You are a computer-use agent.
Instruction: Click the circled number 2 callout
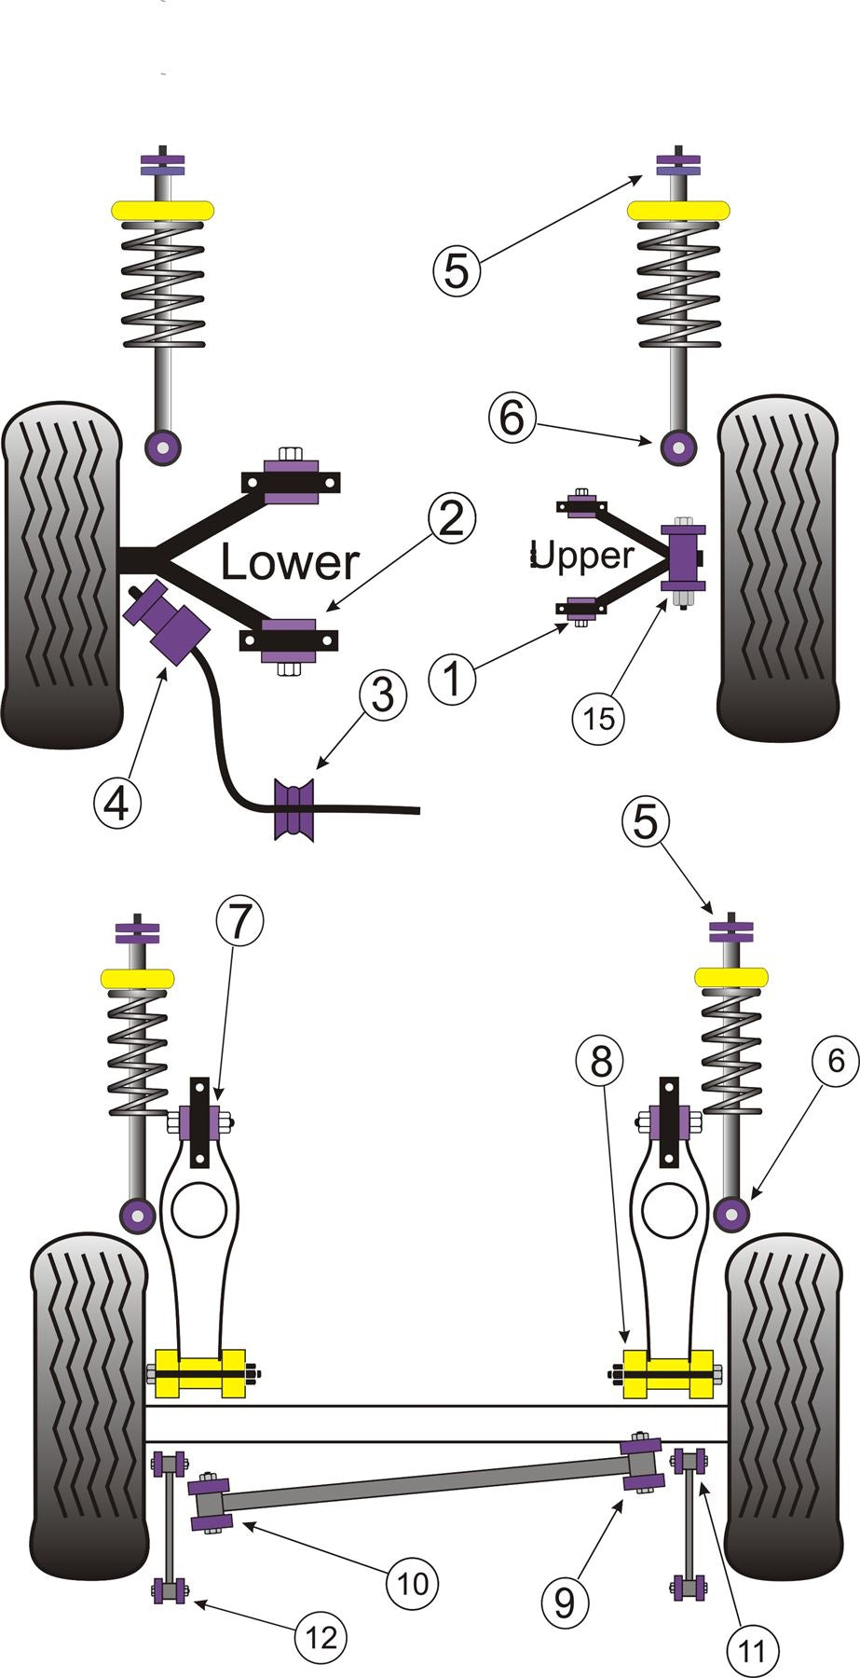click(451, 519)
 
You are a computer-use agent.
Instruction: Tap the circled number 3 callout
click(384, 696)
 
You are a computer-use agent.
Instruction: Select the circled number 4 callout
click(116, 802)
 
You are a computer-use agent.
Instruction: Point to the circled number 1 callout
click(453, 678)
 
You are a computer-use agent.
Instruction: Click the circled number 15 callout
click(599, 718)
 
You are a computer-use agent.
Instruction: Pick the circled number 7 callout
click(239, 922)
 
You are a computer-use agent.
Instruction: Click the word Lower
click(289, 562)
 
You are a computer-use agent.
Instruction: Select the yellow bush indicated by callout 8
click(667, 1373)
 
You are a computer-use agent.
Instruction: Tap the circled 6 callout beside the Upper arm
click(512, 418)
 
